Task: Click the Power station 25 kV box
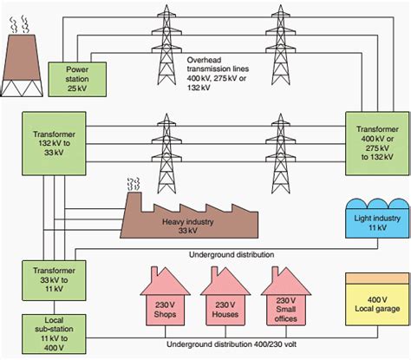[x=77, y=79]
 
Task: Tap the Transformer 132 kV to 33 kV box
[x=54, y=143]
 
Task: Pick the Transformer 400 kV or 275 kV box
[x=377, y=143]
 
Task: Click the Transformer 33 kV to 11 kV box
[x=54, y=280]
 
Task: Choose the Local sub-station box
[x=54, y=334]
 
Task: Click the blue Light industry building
[x=377, y=219]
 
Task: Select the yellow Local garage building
[x=377, y=299]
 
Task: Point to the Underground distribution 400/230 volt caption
[x=232, y=344]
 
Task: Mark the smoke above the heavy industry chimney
[x=134, y=184]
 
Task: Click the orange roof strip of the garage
[x=377, y=278]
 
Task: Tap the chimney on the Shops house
[x=154, y=272]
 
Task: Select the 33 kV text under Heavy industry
[x=188, y=231]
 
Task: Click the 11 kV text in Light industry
[x=377, y=227]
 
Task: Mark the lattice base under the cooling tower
[x=23, y=88]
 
